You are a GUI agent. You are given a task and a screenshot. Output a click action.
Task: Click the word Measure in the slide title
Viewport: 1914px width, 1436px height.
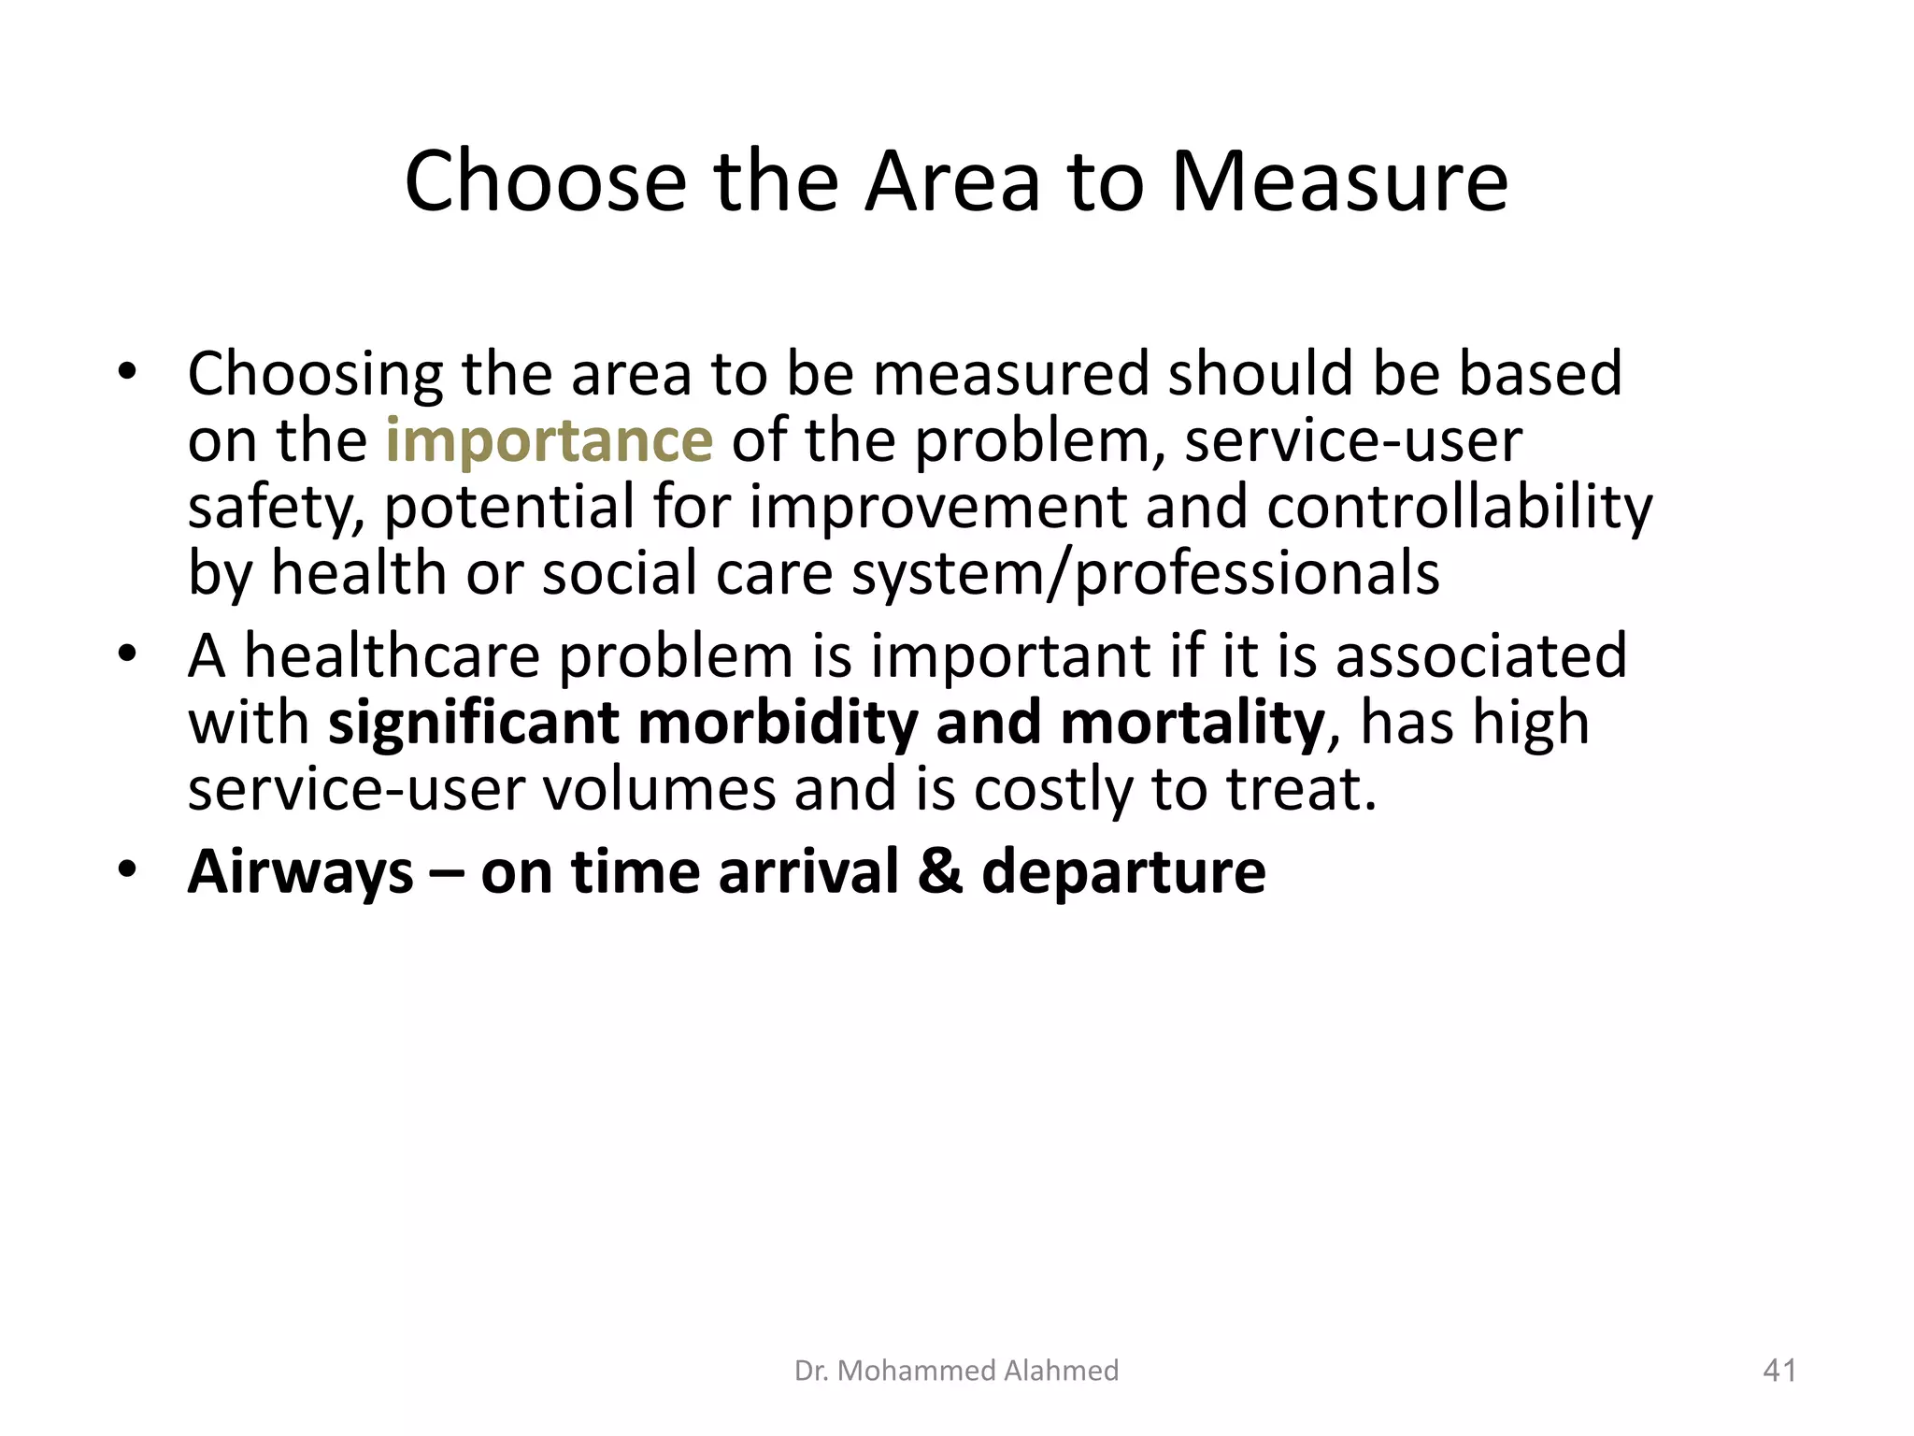tap(1338, 181)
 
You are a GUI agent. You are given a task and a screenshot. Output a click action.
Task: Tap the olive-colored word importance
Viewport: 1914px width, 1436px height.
tap(549, 440)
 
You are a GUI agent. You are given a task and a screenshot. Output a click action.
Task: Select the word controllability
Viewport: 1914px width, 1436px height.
tap(1459, 507)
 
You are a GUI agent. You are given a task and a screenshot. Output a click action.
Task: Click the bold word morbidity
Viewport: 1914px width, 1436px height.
tap(778, 723)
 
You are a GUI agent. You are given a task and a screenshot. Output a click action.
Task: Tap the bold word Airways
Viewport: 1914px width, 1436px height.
tap(300, 871)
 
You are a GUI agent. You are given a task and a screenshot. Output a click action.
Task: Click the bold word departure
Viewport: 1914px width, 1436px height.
tap(1123, 871)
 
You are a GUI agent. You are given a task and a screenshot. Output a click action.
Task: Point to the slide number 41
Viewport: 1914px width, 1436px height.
tap(1778, 1371)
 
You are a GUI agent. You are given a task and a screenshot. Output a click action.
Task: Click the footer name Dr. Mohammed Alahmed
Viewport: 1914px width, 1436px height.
tap(956, 1371)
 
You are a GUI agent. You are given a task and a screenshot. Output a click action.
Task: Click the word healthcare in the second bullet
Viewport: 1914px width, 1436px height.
tap(392, 656)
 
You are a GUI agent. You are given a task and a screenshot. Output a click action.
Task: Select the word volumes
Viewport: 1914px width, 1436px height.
tap(659, 789)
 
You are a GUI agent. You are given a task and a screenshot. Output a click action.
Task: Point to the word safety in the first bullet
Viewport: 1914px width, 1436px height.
tap(276, 507)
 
